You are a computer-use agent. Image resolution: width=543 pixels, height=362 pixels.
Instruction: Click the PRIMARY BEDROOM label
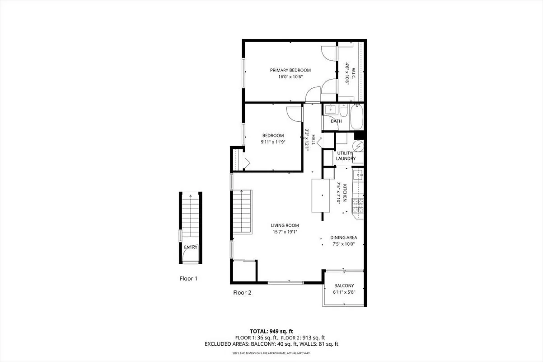pyautogui.click(x=290, y=70)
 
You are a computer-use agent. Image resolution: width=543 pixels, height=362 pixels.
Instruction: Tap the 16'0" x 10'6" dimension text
pyautogui.click(x=290, y=77)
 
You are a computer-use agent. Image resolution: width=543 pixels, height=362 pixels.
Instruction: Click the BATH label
pyautogui.click(x=336, y=121)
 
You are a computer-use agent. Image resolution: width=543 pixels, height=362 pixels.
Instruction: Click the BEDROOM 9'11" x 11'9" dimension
pyautogui.click(x=273, y=142)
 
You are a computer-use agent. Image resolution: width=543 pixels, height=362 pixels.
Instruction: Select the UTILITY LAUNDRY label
pyautogui.click(x=346, y=156)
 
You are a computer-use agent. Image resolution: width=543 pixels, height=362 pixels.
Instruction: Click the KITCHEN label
pyautogui.click(x=345, y=193)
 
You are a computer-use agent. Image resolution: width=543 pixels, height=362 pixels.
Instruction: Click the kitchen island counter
pyautogui.click(x=322, y=195)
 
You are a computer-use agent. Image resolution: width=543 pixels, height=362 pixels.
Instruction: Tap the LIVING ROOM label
pyautogui.click(x=285, y=225)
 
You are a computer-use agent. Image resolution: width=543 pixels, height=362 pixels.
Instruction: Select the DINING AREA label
pyautogui.click(x=343, y=238)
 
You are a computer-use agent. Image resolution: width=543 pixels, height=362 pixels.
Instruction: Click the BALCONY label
pyautogui.click(x=344, y=286)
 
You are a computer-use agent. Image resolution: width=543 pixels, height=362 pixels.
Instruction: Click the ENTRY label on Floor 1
pyautogui.click(x=191, y=247)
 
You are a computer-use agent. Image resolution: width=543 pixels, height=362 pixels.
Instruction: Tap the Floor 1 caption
pyautogui.click(x=189, y=279)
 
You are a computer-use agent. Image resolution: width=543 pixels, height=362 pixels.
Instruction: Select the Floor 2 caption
pyautogui.click(x=242, y=293)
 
